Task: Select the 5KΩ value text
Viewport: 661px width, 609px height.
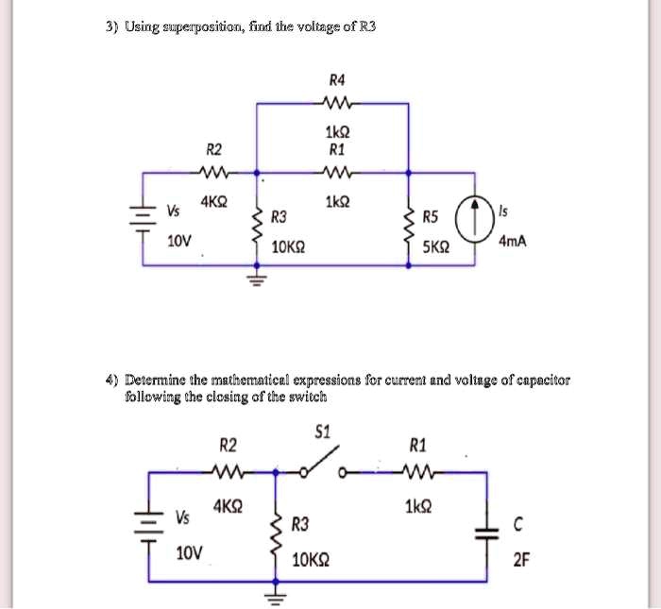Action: click(435, 247)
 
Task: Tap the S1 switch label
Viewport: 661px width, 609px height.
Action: click(322, 433)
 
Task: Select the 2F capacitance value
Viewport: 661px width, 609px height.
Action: click(521, 560)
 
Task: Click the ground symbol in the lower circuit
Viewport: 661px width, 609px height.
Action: click(277, 597)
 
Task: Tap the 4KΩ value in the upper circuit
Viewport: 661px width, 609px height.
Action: click(214, 201)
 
